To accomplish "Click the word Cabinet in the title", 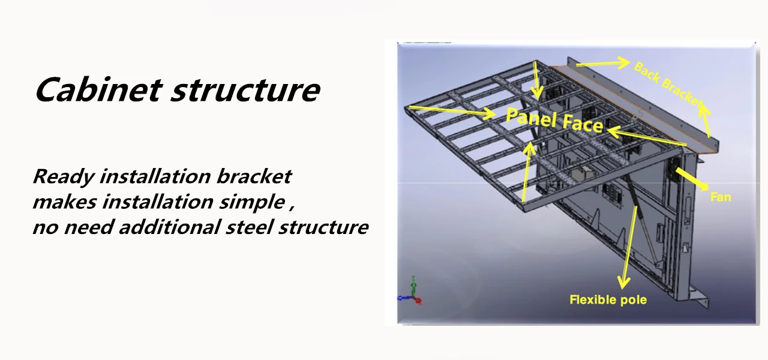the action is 98,90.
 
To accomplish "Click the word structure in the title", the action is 245,90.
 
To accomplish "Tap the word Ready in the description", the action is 63,176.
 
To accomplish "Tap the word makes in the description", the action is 65,202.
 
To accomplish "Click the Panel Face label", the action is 554,119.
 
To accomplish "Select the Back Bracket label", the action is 667,85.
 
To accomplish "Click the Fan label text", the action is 720,197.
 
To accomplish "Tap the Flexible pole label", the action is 608,299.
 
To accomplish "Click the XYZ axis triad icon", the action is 413,292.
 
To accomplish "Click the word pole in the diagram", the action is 634,299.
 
